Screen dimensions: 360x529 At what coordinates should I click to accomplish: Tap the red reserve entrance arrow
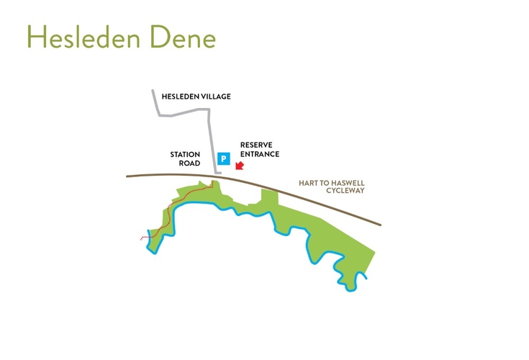coord(240,166)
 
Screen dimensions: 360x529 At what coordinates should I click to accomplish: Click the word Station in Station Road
coord(185,154)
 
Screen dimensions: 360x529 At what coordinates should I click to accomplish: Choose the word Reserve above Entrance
coord(256,144)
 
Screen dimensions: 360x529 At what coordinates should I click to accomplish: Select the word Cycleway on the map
coord(345,191)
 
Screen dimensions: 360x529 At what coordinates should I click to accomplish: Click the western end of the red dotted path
coord(140,238)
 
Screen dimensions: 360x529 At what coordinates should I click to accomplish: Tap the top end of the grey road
coord(153,91)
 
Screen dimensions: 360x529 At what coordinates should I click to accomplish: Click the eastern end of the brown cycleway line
coord(380,225)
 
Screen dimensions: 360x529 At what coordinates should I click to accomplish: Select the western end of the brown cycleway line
coord(127,175)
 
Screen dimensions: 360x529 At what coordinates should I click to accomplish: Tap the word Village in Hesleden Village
coord(214,96)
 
